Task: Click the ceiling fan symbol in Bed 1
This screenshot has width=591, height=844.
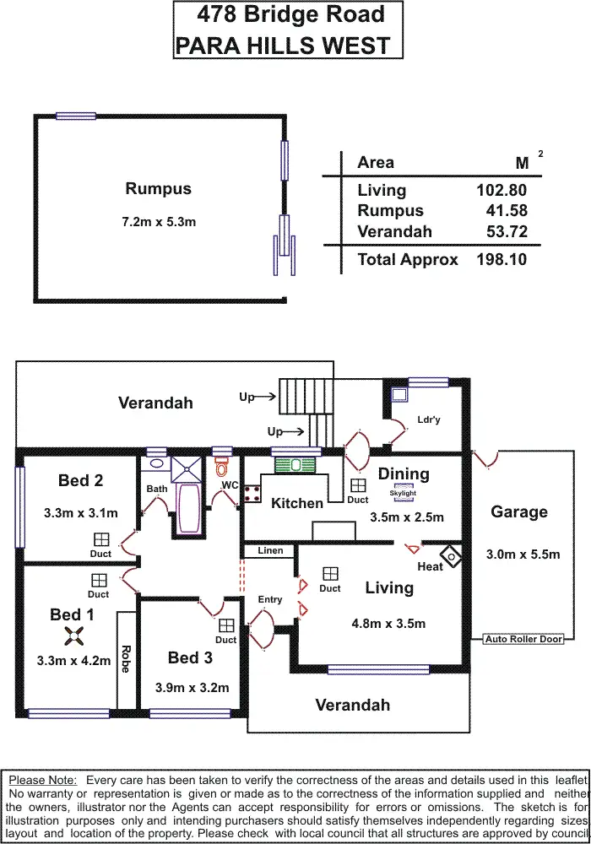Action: click(73, 637)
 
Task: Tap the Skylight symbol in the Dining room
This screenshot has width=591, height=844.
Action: click(403, 494)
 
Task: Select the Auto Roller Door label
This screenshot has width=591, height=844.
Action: click(523, 640)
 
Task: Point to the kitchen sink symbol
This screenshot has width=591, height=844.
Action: click(295, 464)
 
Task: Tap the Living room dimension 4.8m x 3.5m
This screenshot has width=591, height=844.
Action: click(388, 625)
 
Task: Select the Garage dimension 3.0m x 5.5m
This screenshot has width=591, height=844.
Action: click(523, 555)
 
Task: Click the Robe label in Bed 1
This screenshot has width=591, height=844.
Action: click(126, 658)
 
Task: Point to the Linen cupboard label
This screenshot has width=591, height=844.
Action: click(270, 550)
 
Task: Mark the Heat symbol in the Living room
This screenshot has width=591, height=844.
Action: click(453, 556)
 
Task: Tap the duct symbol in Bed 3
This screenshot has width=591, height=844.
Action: click(225, 625)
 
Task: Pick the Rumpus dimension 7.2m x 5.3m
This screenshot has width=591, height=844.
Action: click(159, 222)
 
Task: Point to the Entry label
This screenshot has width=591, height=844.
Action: click(270, 599)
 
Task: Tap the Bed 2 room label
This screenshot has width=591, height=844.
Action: click(81, 480)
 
